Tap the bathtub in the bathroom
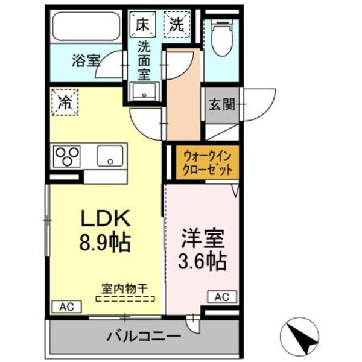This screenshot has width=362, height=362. point(86,27)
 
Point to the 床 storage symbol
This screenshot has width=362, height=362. point(142,25)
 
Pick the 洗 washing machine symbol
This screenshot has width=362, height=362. point(176,25)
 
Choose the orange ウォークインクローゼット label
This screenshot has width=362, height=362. point(207,162)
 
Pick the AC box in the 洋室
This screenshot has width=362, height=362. point(221,297)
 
